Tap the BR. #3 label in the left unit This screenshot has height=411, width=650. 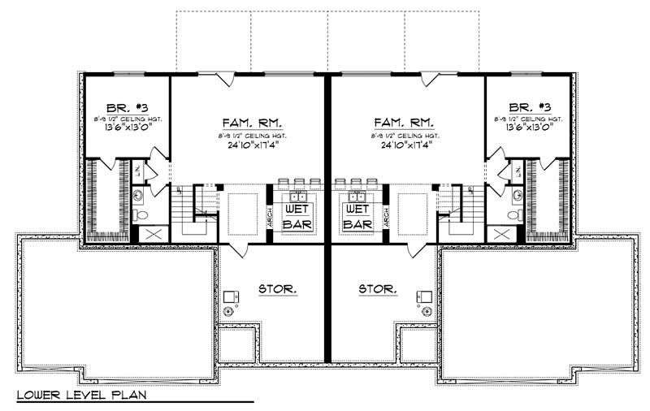(x=125, y=107)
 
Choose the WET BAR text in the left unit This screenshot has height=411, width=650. (x=293, y=215)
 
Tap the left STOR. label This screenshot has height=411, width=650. (x=277, y=288)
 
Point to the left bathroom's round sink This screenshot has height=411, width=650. (x=137, y=194)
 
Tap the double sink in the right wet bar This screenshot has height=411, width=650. (x=357, y=197)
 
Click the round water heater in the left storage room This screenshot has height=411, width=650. (x=228, y=312)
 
